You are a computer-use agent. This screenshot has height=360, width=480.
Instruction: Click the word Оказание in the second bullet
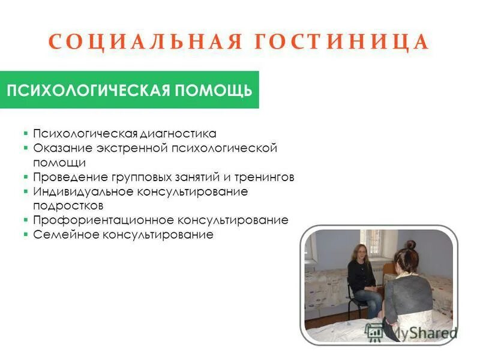coord(58,148)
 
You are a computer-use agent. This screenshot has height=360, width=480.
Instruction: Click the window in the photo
coord(370,243)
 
